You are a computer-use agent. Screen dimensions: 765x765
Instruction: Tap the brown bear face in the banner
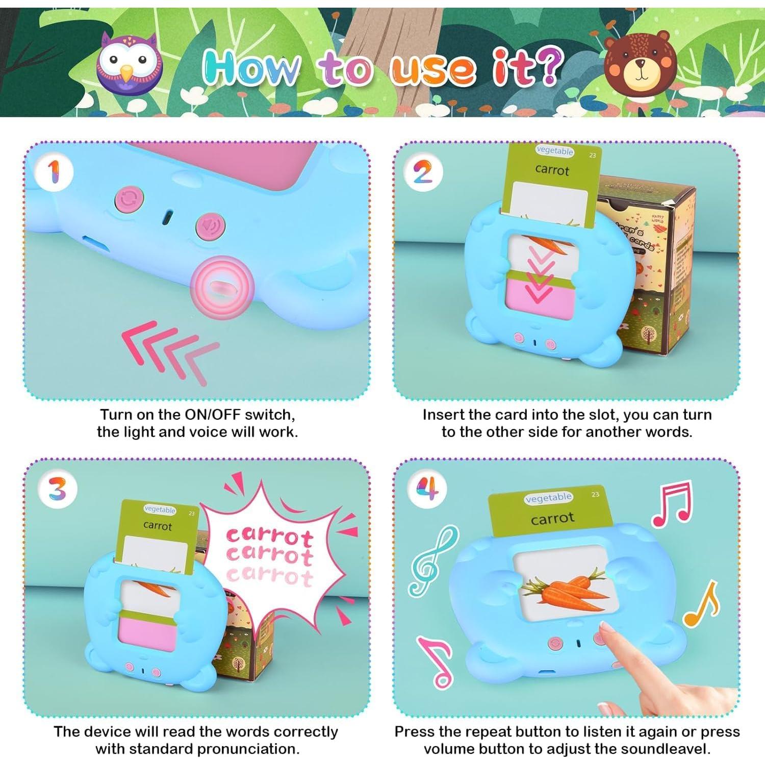point(640,63)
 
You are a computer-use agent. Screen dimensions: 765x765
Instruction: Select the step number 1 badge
point(54,172)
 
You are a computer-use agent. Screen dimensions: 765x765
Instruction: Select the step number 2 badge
point(423,172)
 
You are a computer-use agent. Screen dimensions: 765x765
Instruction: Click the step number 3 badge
point(58,490)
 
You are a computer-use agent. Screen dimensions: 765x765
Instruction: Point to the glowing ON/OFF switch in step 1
point(222,288)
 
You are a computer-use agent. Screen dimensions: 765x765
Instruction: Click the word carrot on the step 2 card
point(552,170)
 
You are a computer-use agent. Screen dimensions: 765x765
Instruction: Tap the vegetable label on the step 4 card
point(548,498)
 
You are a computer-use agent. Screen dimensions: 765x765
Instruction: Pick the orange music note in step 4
point(702,605)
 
